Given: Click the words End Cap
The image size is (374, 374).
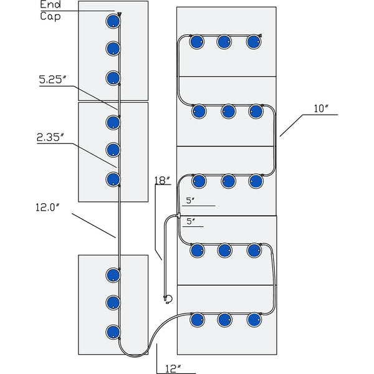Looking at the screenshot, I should tap(51, 11).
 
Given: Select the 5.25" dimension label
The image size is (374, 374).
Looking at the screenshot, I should tap(52, 80).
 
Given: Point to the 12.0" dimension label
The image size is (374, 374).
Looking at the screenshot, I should tap(46, 207).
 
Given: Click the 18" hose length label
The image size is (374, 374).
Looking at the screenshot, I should tap(162, 181).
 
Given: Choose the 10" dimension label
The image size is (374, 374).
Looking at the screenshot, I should tap(322, 108).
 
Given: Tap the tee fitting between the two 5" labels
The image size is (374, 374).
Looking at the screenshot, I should tap(179, 216).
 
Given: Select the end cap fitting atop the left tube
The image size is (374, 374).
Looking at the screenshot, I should tap(118, 14).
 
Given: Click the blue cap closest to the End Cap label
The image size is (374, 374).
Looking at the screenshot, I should tap(112, 22).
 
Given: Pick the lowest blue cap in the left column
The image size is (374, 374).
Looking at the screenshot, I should tap(113, 331).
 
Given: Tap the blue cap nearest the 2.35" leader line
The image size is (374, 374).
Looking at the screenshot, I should tap(113, 180).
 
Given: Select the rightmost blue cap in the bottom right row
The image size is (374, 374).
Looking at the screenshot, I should tap(254, 320).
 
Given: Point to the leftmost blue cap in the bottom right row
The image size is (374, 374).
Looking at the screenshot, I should tap(197, 320).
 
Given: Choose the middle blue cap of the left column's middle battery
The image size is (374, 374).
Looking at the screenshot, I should tap(113, 149).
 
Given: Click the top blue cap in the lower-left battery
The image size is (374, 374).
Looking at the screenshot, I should tap(113, 274).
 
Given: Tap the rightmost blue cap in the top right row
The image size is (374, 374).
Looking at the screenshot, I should tap(254, 42).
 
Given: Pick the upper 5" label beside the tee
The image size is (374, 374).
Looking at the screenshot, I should tap(191, 201).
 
